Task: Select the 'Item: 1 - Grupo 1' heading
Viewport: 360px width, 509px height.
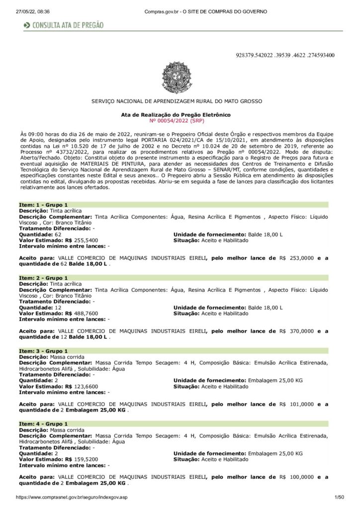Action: [43, 205]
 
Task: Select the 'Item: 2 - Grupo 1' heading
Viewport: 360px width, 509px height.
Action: [43, 278]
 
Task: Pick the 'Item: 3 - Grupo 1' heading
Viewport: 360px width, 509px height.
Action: [43, 351]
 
